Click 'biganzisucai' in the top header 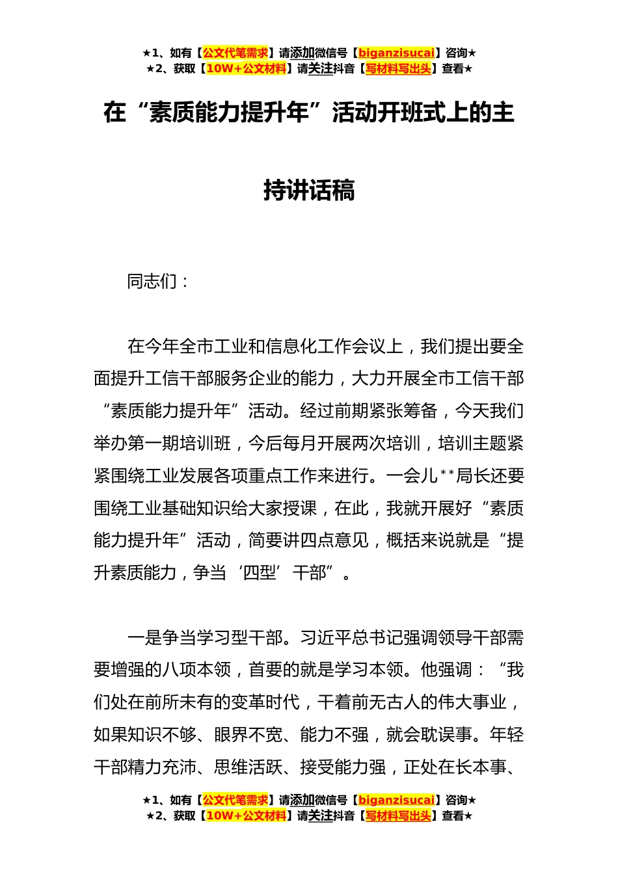click(x=396, y=53)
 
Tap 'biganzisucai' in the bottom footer click(x=396, y=801)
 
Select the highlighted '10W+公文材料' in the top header click(x=246, y=69)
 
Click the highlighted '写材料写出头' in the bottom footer click(x=398, y=816)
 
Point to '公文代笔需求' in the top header click(x=235, y=53)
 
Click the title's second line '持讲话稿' click(x=309, y=191)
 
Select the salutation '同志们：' click(x=158, y=282)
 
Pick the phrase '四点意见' click(x=334, y=540)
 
